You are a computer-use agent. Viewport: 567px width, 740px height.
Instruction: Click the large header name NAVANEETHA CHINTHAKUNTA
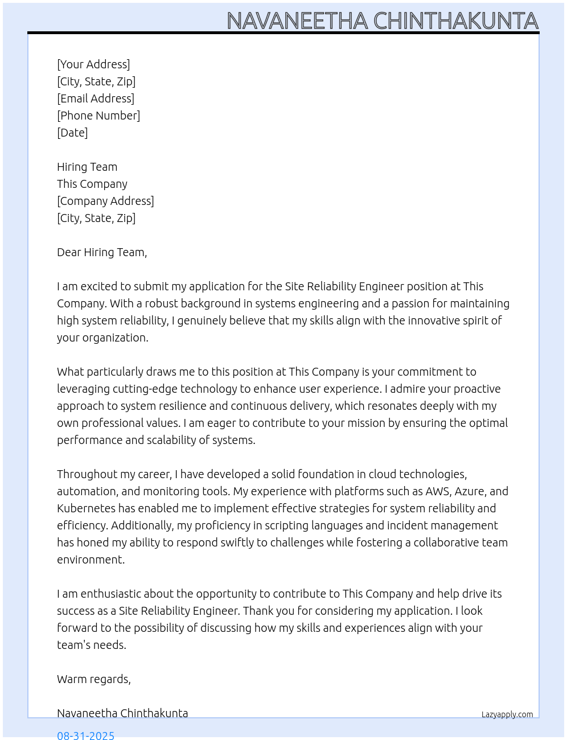point(382,20)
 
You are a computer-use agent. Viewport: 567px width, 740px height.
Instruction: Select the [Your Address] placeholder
point(93,64)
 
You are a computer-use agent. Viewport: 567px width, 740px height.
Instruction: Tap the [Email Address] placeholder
point(96,98)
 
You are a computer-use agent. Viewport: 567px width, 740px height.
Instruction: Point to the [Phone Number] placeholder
point(98,116)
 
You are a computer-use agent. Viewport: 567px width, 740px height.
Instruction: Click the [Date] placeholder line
point(72,133)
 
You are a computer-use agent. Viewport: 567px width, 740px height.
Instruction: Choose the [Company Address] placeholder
point(105,201)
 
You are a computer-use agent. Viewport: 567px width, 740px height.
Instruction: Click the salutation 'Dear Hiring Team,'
point(102,252)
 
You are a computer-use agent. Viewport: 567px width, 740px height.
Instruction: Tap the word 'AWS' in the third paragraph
point(437,491)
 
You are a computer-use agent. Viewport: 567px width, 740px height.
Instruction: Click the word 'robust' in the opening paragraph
point(162,303)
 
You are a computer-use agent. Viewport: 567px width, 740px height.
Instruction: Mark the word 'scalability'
point(172,440)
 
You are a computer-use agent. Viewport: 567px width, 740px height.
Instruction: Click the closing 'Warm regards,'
point(94,679)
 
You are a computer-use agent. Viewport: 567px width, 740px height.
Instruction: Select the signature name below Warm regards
point(122,713)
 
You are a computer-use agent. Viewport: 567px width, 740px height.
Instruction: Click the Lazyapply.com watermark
point(507,714)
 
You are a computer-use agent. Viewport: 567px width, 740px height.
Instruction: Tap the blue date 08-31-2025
point(86,735)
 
